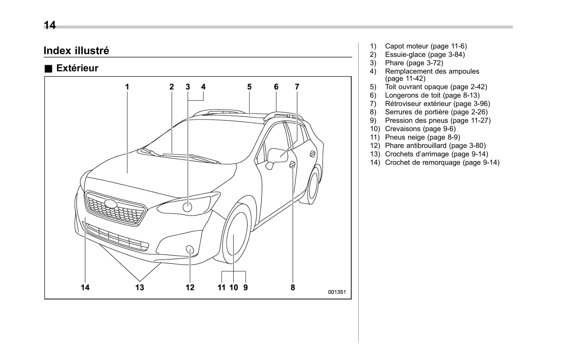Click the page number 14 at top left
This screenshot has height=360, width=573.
[x=50, y=25]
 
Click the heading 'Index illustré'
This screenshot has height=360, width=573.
[x=76, y=51]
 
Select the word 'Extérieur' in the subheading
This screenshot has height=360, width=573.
[x=77, y=68]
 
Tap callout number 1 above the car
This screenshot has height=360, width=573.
[x=127, y=87]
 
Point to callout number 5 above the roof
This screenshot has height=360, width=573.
[x=249, y=87]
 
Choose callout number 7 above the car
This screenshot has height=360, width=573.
[x=297, y=87]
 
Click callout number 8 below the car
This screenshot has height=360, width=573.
[x=293, y=287]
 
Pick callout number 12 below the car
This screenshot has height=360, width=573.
[x=190, y=287]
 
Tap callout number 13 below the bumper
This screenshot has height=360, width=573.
[x=140, y=287]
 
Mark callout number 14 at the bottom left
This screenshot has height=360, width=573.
[x=85, y=287]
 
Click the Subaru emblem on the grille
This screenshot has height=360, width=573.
[x=111, y=204]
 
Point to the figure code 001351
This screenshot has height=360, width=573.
[x=337, y=292]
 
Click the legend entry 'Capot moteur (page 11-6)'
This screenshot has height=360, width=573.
[x=426, y=46]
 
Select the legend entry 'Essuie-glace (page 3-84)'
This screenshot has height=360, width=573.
[x=425, y=54]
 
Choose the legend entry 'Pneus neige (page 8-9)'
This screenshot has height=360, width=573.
[x=422, y=137]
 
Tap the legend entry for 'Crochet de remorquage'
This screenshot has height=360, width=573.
[x=442, y=162]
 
